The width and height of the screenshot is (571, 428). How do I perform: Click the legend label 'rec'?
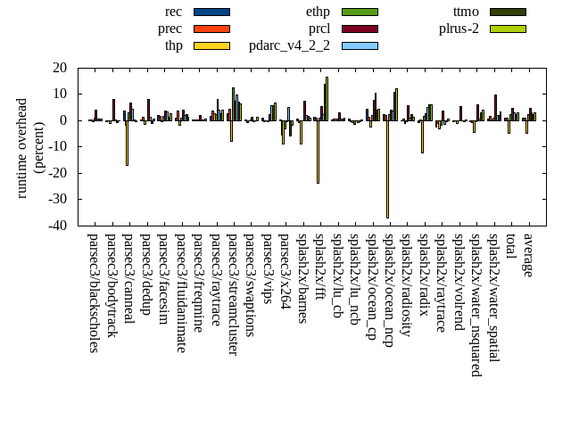coord(174,12)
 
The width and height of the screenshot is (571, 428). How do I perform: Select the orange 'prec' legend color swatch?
coord(211,29)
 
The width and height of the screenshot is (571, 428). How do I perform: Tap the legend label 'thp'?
coord(173,45)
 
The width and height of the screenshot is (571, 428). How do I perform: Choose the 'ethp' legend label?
coord(318,12)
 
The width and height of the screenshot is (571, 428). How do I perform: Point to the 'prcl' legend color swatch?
coord(360,29)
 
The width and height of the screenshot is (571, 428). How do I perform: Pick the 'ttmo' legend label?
coord(466,12)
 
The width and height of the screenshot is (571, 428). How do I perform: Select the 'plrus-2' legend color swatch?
coord(508,29)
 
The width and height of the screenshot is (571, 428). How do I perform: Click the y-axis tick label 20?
coord(61,68)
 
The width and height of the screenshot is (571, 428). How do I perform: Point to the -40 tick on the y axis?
coord(58,226)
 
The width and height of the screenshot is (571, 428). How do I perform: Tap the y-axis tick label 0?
coord(65,120)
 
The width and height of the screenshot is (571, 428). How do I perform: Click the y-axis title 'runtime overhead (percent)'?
coord(30,147)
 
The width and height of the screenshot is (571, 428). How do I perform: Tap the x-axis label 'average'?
coord(528,255)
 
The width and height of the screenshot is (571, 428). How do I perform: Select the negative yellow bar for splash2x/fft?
coord(318,152)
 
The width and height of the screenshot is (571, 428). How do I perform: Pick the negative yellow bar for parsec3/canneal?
coord(127,143)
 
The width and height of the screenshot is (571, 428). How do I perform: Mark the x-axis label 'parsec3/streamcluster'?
coord(232,294)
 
